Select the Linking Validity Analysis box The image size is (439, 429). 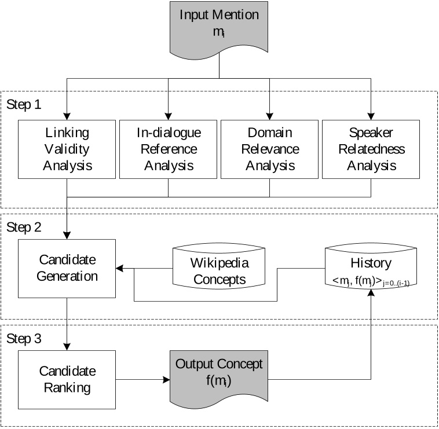pos(67,149)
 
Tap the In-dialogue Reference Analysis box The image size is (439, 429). pos(168,149)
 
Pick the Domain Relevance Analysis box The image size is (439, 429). pos(269,149)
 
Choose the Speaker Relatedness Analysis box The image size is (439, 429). pos(371,149)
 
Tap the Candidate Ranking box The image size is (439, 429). pos(67,379)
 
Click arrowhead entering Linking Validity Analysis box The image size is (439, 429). pos(67,116)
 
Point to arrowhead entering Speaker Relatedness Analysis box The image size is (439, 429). pos(371,116)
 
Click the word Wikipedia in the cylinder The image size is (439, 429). pos(219,263)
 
